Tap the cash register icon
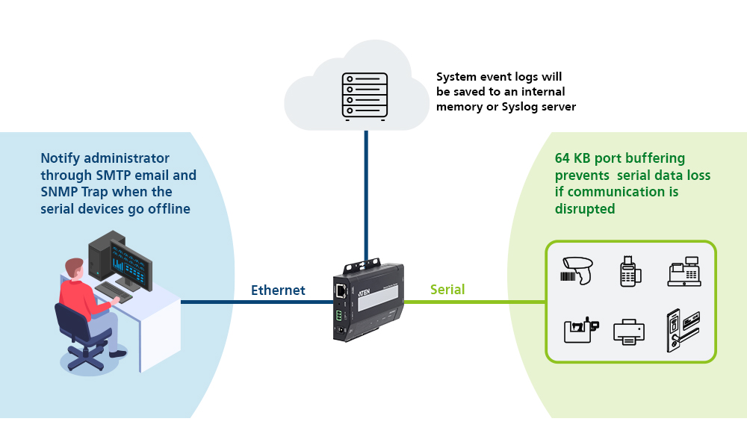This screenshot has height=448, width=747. [x=683, y=271]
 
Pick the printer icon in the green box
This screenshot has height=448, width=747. [x=629, y=331]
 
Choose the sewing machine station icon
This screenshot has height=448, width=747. [x=580, y=331]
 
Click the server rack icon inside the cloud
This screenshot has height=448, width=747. [x=365, y=96]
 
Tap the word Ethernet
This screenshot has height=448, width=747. [x=278, y=290]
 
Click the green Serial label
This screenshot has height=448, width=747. [x=447, y=290]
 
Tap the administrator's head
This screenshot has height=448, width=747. [x=73, y=268]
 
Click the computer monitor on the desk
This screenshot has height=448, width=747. [x=130, y=263]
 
